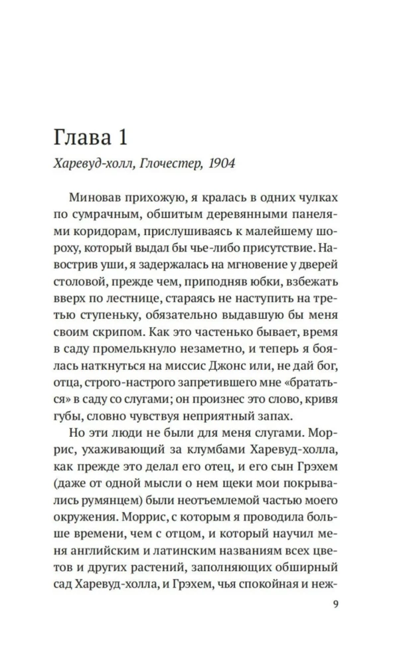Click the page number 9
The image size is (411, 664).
click(335, 604)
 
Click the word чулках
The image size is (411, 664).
click(315, 199)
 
